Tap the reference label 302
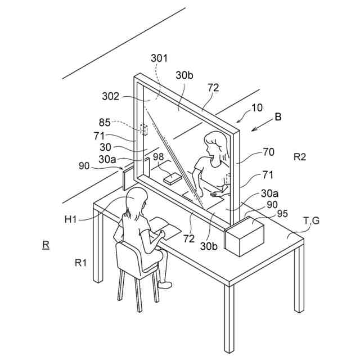pyautogui.click(x=111, y=96)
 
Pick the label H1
pyautogui.click(x=71, y=219)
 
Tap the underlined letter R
pyautogui.click(x=45, y=245)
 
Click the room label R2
pyautogui.click(x=300, y=157)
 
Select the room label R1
pyautogui.click(x=82, y=262)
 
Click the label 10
pyautogui.click(x=257, y=106)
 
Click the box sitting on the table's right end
pyautogui.click(x=244, y=236)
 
